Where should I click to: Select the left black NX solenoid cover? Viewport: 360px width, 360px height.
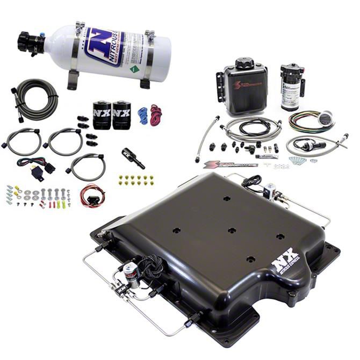click(x=102, y=116)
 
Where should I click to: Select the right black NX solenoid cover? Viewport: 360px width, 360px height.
click(x=121, y=116)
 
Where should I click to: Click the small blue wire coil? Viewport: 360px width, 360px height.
click(x=142, y=116)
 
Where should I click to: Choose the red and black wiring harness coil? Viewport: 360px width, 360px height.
click(x=91, y=195)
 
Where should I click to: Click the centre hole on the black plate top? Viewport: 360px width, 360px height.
click(x=232, y=231)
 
